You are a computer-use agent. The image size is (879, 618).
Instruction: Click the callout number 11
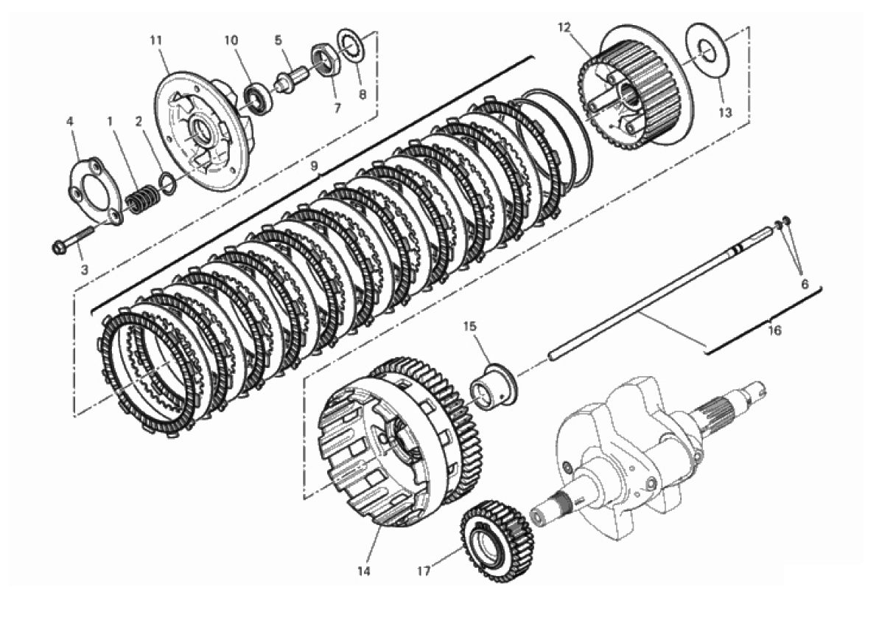(x=156, y=41)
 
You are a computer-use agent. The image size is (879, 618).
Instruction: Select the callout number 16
(x=774, y=330)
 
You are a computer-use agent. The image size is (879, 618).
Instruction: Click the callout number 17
(x=424, y=572)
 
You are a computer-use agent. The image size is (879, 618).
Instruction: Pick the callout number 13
(x=725, y=113)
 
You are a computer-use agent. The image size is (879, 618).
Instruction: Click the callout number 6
(x=805, y=285)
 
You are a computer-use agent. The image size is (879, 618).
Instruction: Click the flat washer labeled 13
(x=707, y=52)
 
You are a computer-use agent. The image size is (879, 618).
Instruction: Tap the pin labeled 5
(x=290, y=79)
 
